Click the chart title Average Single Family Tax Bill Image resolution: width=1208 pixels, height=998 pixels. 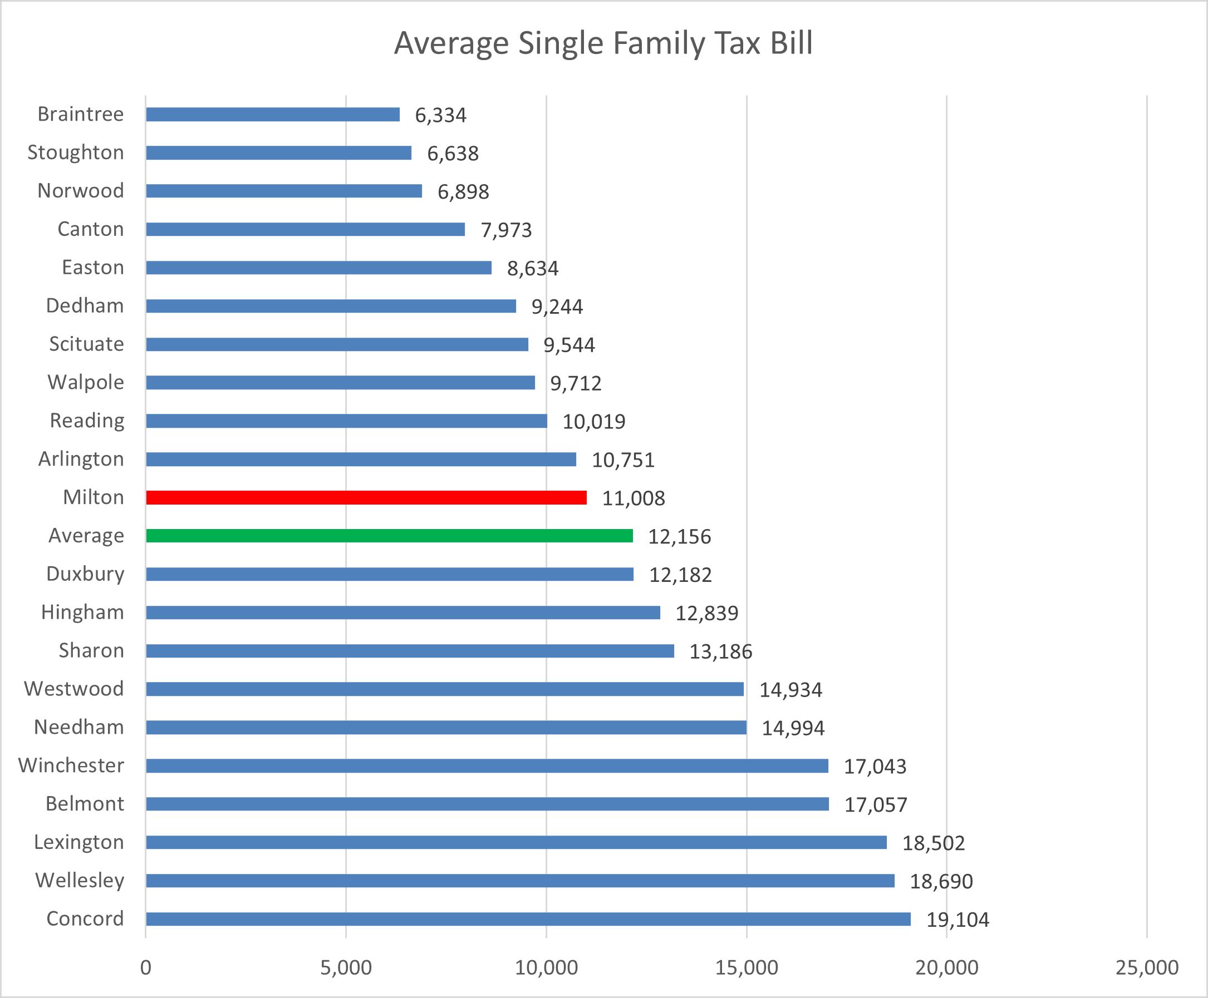603,43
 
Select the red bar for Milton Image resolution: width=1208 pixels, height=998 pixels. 366,498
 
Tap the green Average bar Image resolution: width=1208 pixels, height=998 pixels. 390,536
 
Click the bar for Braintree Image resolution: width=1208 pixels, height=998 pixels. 273,115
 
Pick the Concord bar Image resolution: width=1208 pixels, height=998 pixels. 528,919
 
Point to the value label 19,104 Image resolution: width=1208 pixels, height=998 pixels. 957,920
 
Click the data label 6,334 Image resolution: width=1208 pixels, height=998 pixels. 441,116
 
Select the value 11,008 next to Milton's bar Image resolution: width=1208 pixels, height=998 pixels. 634,498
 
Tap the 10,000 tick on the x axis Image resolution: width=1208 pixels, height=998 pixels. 546,967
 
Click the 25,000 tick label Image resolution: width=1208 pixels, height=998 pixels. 1146,967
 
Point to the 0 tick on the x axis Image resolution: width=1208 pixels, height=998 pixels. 146,967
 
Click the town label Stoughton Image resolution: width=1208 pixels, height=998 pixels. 76,153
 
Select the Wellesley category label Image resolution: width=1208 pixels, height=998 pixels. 80,881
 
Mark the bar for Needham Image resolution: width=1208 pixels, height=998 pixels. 446,728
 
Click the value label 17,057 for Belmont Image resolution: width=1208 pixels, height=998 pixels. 876,805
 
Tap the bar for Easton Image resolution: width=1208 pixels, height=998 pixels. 318,268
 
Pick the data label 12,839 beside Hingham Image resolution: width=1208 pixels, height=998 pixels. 706,614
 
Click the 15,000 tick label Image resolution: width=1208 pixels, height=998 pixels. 746,967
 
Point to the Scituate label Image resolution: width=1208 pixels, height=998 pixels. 86,344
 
